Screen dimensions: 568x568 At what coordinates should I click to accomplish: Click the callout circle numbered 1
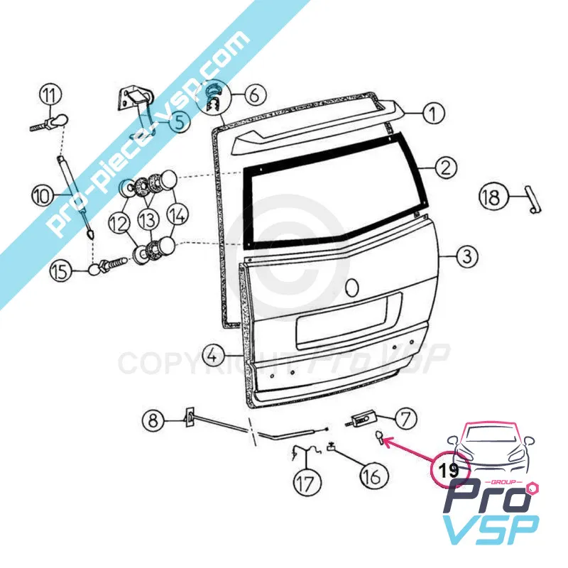(434, 113)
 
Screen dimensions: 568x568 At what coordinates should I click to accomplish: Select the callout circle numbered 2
(446, 168)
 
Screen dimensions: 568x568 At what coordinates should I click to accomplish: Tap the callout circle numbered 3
(467, 256)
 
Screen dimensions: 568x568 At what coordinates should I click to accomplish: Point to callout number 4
(214, 356)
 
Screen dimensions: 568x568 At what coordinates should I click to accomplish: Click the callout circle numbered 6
(256, 95)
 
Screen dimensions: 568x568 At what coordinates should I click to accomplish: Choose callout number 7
(405, 419)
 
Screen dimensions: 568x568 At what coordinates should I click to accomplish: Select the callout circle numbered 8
(153, 421)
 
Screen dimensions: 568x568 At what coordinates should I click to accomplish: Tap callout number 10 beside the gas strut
(43, 197)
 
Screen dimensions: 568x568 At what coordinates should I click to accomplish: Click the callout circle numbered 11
(50, 96)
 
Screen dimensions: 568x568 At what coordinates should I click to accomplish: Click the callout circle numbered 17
(307, 484)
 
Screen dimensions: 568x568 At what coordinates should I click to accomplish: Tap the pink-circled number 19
(449, 470)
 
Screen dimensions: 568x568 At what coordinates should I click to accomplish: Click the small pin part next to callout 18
(533, 200)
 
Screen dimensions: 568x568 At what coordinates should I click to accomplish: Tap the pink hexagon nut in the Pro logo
(534, 488)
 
